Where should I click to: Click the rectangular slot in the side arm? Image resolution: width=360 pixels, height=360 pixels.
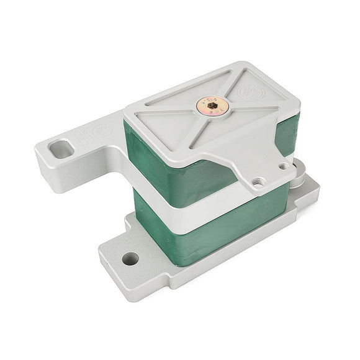(x=61, y=150)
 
